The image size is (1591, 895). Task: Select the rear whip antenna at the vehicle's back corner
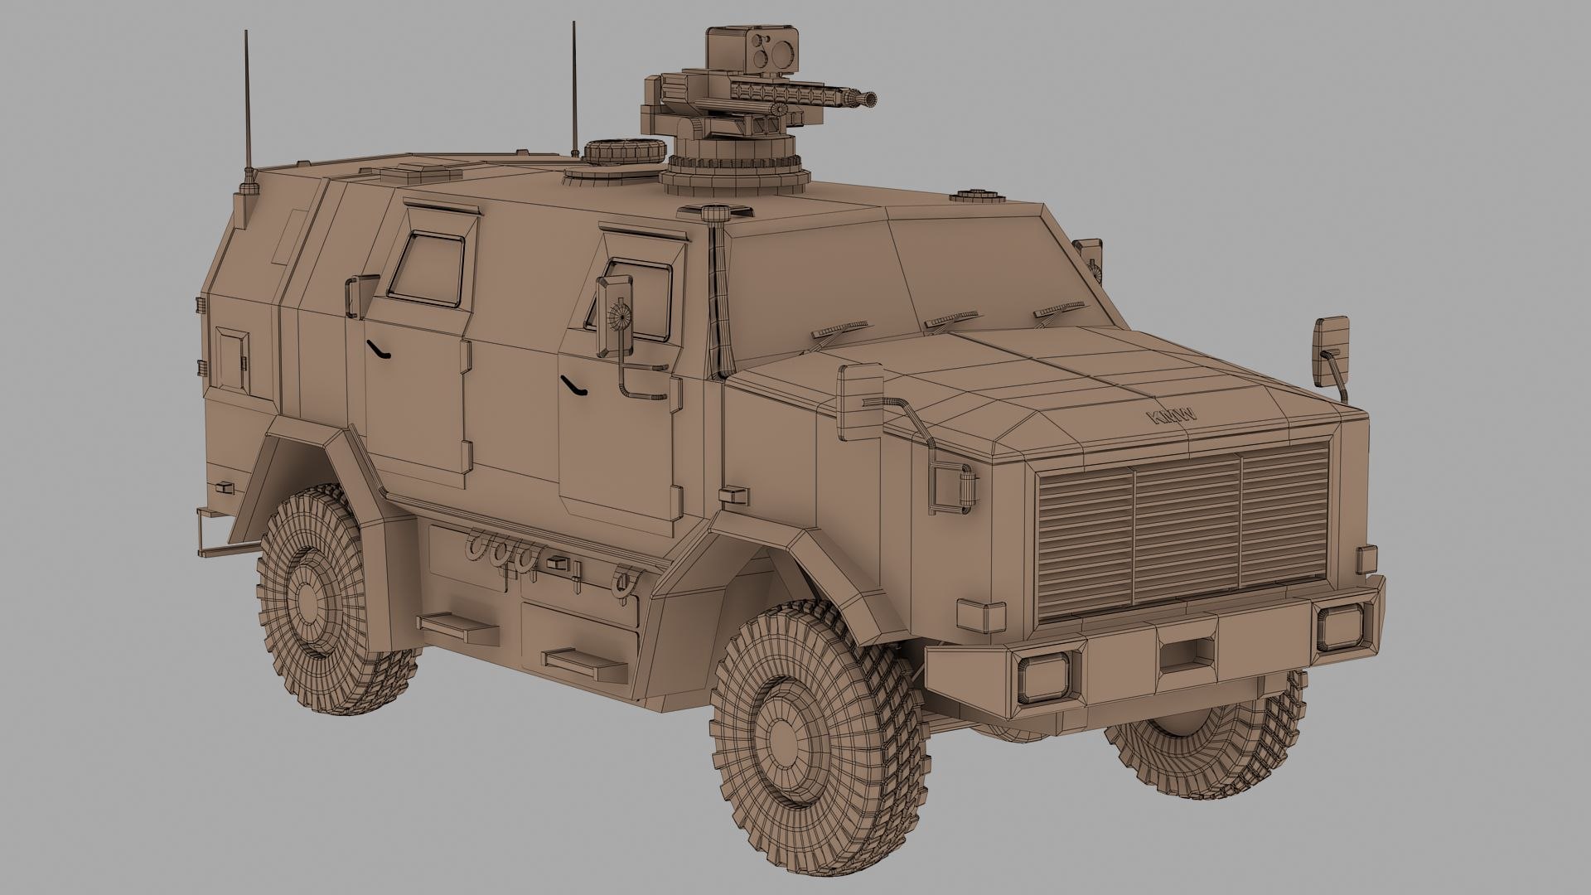coord(246,108)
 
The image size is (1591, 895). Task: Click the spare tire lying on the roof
coord(624,152)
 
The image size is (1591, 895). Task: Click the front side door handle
coord(572,384)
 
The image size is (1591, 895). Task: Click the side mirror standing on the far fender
coord(1330,349)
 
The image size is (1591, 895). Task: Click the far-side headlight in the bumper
coord(1339,626)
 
